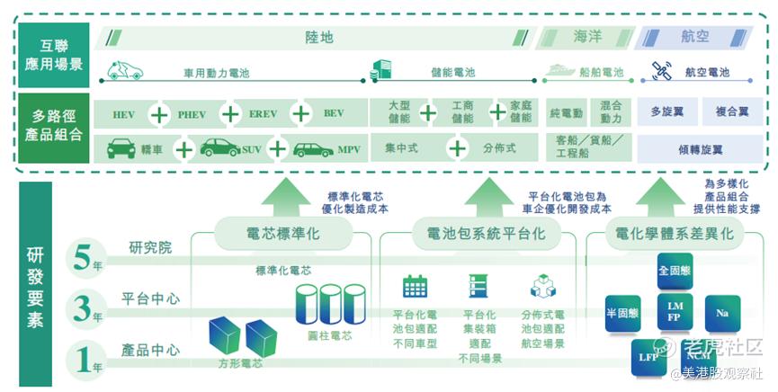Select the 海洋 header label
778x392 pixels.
pos(587,38)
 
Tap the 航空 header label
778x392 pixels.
pos(696,38)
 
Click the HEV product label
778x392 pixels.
pos(124,115)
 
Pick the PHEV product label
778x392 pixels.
pos(192,115)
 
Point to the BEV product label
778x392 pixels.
pos(334,114)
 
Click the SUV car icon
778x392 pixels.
pos(220,148)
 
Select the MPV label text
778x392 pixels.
pos(348,149)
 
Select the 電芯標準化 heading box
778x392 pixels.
pos(282,235)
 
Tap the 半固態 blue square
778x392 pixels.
pos(628,313)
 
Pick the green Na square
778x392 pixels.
pos(722,313)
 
